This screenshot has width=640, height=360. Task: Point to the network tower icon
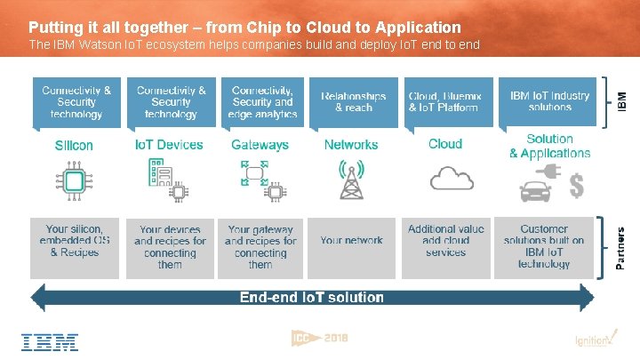(x=351, y=181)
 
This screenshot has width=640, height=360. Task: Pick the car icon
(x=536, y=188)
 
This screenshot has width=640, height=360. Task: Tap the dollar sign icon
(x=577, y=186)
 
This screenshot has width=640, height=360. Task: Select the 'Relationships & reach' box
(x=353, y=101)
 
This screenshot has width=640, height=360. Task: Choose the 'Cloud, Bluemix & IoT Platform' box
(x=444, y=101)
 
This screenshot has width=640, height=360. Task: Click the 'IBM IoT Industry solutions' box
(x=549, y=101)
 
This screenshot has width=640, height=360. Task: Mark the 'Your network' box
(x=351, y=241)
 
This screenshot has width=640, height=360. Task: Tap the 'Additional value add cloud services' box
(x=445, y=241)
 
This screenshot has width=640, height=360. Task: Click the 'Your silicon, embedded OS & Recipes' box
(x=78, y=241)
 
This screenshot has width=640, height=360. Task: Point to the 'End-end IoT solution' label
(x=312, y=297)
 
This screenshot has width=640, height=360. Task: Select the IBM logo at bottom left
(x=51, y=341)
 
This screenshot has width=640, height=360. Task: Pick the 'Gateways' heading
(x=260, y=145)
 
